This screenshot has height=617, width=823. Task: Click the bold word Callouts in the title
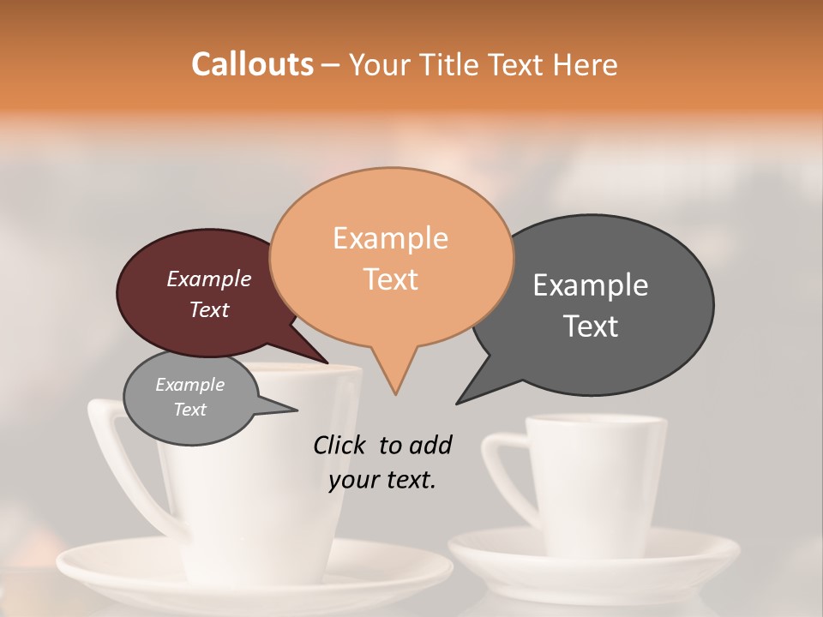pos(252,64)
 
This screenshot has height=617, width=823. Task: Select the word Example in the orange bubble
pos(390,238)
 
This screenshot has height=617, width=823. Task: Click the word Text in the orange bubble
pos(390,279)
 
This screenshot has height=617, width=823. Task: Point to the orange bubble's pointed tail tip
pos(395,393)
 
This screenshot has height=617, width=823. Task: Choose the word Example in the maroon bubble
pos(208,279)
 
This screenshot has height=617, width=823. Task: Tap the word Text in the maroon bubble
pos(208,309)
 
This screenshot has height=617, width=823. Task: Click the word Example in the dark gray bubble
pos(591,285)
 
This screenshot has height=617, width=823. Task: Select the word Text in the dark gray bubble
pos(591,326)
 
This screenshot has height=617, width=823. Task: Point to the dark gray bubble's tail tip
pos(458,402)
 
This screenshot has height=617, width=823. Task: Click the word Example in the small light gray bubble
pos(189,385)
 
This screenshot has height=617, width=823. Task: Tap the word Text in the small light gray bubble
pos(189,410)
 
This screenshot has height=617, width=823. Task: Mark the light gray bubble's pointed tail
pos(291,409)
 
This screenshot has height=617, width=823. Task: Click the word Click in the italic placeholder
pos(341,445)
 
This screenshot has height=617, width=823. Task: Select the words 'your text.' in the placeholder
pos(381,480)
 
